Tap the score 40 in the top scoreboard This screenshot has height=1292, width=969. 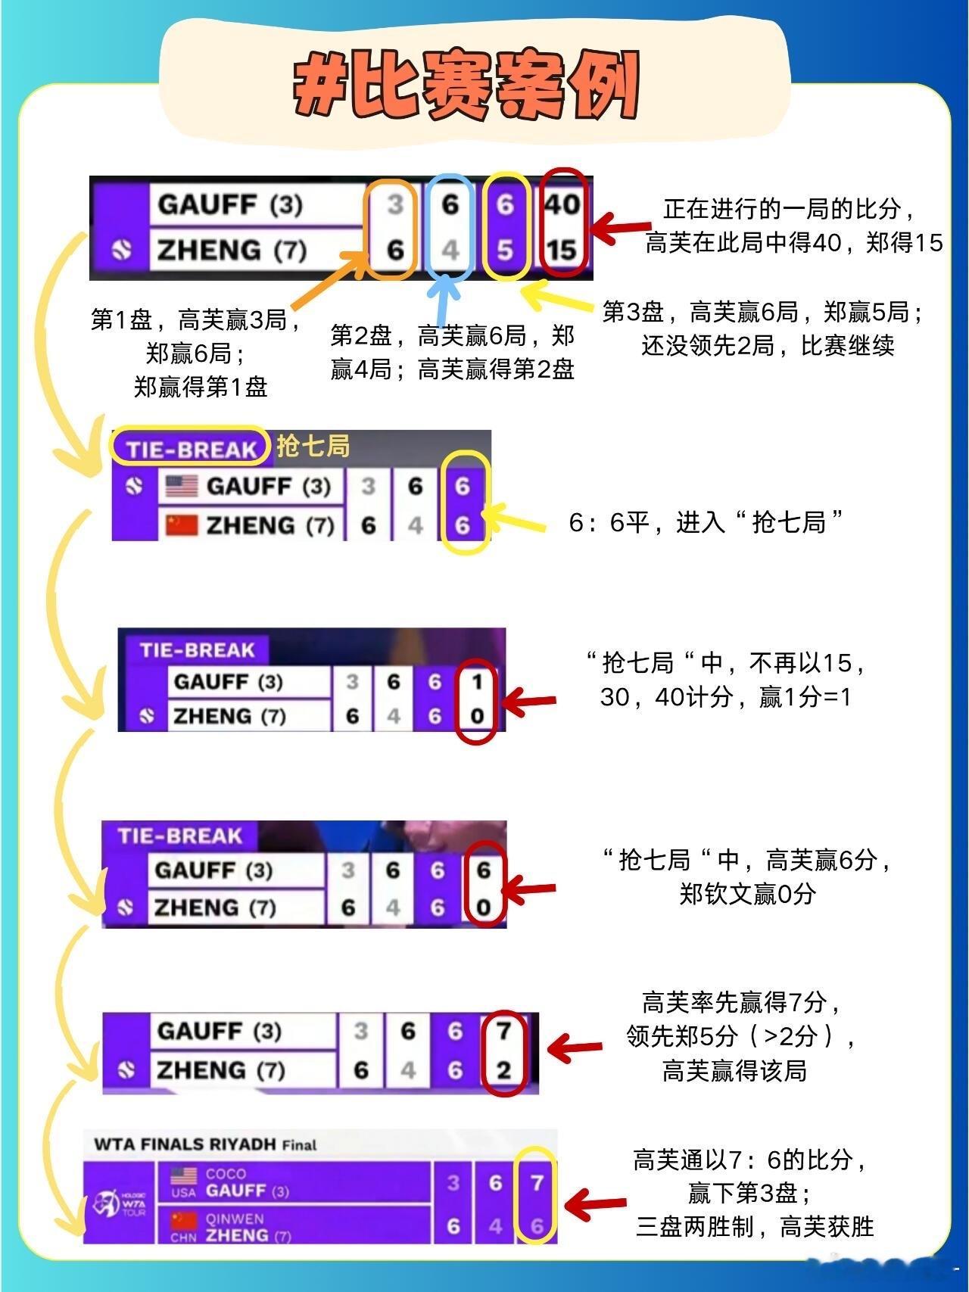tap(562, 204)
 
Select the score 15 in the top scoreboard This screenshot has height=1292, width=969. tap(562, 250)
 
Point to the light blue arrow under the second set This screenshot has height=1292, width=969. tap(445, 299)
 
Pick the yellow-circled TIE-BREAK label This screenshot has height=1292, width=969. tap(191, 449)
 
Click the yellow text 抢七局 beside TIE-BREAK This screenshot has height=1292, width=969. tap(313, 447)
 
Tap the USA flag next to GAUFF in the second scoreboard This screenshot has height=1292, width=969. tap(181, 486)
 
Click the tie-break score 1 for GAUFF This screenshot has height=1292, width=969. tap(477, 683)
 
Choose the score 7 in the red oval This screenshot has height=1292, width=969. tap(504, 1030)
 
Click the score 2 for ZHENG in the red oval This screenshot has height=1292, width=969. tap(504, 1070)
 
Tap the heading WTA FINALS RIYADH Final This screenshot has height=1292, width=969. tap(205, 1144)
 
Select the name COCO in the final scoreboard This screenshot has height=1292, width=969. tap(226, 1174)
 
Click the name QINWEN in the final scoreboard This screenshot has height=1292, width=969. tap(235, 1219)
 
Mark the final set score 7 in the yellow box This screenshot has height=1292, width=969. tap(537, 1182)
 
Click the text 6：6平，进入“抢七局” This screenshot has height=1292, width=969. tap(706, 522)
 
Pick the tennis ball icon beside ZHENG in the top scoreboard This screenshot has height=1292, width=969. tap(122, 250)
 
